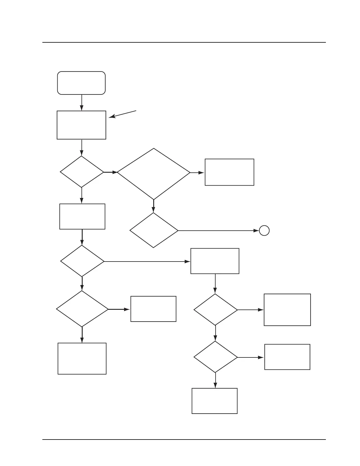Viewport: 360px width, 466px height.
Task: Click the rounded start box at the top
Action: click(81, 83)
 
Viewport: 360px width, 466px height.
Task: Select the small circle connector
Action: click(264, 231)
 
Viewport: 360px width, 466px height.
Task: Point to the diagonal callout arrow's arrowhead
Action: click(111, 117)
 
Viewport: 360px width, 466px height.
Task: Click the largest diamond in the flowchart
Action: click(154, 174)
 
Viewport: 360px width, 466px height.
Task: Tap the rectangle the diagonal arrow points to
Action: click(81, 125)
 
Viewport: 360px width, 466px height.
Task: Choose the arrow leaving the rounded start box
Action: click(81, 102)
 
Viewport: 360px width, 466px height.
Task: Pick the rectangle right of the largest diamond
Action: click(229, 172)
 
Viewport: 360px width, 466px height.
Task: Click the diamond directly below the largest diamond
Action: click(154, 230)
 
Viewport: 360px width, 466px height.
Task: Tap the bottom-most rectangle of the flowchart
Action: click(214, 401)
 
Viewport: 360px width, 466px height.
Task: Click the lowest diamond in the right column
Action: click(216, 357)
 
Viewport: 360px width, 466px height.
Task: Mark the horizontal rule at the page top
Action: click(184, 42)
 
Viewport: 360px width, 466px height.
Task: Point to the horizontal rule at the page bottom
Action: click(184, 440)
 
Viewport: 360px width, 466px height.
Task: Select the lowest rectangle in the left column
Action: click(82, 358)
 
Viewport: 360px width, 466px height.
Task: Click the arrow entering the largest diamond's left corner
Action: click(111, 172)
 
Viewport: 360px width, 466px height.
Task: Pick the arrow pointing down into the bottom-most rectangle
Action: click(215, 380)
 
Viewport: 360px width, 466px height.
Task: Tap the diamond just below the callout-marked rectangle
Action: click(82, 172)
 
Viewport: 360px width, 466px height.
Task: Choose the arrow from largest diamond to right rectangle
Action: click(197, 173)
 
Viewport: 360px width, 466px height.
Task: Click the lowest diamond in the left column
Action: click(82, 309)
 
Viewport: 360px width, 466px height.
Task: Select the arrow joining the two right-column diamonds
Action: click(216, 333)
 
